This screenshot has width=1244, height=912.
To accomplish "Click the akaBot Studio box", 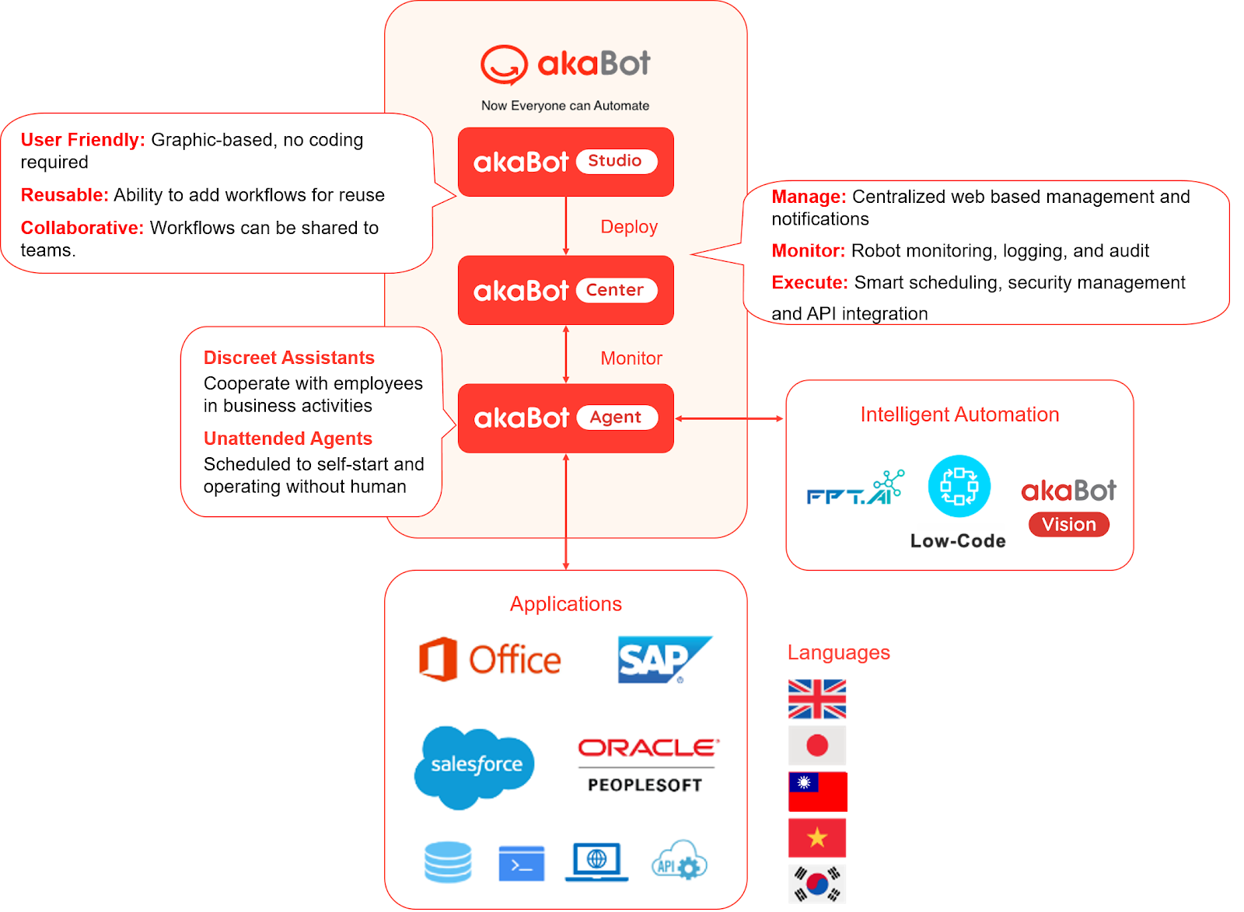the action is [x=565, y=162].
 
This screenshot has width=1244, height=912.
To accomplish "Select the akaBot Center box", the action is [x=565, y=290].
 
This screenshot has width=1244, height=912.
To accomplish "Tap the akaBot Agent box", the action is [x=565, y=418].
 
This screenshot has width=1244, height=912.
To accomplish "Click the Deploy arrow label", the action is [x=629, y=227].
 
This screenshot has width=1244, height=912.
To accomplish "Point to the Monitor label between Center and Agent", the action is [x=631, y=358].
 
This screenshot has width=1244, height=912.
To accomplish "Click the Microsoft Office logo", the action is [x=490, y=660].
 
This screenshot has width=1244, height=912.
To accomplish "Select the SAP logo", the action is [x=663, y=660].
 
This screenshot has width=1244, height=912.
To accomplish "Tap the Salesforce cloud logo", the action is [x=475, y=767].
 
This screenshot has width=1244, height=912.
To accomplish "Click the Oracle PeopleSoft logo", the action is [x=648, y=765].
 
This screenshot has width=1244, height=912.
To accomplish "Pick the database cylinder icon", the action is [x=448, y=862].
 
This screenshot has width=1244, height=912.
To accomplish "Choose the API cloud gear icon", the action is [x=679, y=861].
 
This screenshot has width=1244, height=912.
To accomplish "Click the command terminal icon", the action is [x=521, y=864].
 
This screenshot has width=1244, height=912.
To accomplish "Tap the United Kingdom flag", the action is [x=817, y=699].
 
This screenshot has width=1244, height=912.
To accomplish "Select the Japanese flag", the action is [x=817, y=746].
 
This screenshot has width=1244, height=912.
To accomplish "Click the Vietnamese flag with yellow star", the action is [x=817, y=837].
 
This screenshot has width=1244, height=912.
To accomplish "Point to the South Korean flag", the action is [x=817, y=883].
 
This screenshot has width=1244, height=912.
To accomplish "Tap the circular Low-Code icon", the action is [x=959, y=487].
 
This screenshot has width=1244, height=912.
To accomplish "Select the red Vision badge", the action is [x=1069, y=525].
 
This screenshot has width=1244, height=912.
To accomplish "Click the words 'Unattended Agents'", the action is [x=288, y=439].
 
